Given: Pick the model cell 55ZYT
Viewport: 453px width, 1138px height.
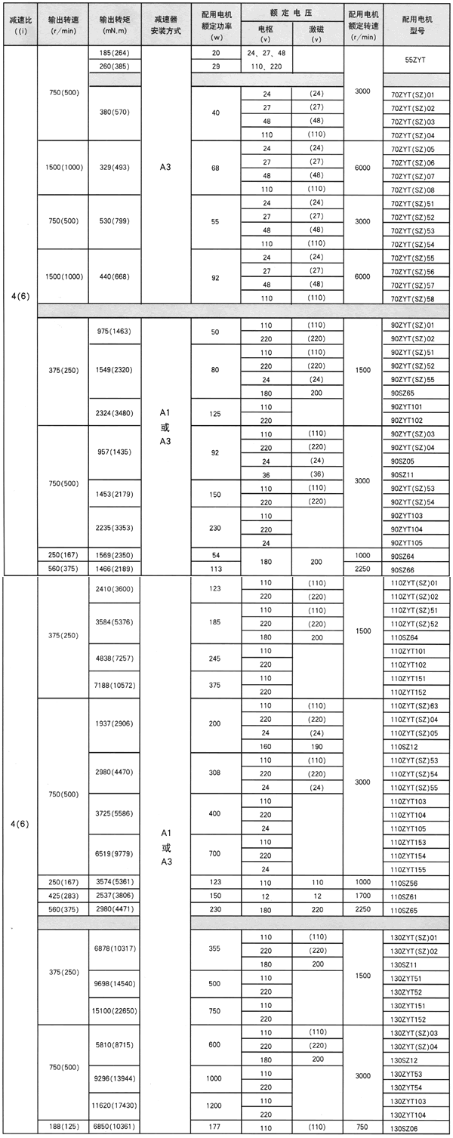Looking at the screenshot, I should [415, 59].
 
